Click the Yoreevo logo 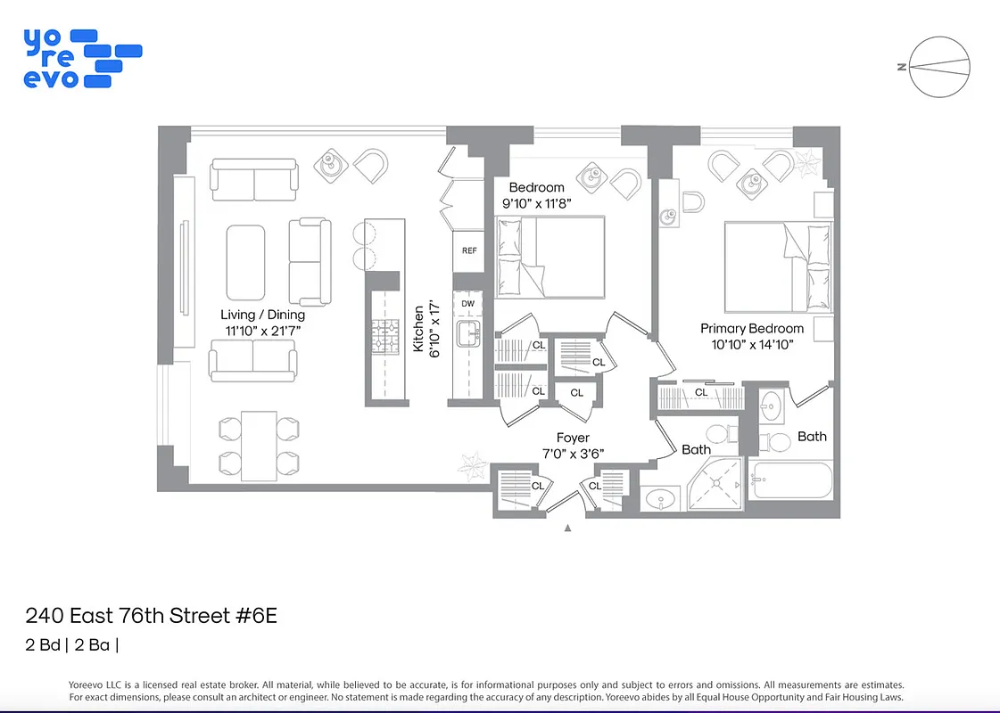coord(81,58)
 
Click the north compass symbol coord(939,66)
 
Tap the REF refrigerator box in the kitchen coord(469,251)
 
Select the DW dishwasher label coord(468,304)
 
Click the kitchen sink coord(468,335)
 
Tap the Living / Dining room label coord(262,315)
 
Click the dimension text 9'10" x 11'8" coord(536,203)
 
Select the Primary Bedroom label coord(751,328)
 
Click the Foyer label coord(572,438)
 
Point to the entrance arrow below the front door coord(568,528)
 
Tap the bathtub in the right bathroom coord(791,482)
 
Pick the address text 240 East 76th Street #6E coord(152,616)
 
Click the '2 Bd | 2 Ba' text coord(71,644)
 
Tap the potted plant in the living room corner coord(469,465)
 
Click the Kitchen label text coord(419,329)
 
